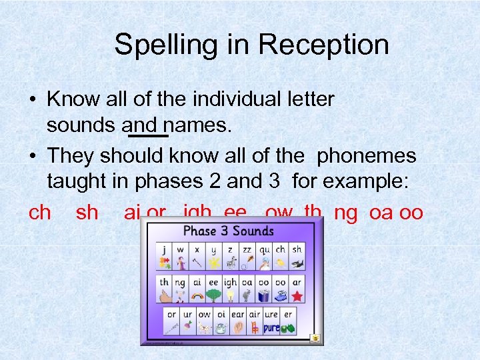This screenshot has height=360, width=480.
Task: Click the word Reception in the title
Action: click(323, 45)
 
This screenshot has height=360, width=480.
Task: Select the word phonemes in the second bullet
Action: click(366, 155)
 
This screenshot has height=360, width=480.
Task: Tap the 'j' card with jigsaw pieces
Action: click(163, 257)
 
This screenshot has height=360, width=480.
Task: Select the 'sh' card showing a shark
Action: click(297, 257)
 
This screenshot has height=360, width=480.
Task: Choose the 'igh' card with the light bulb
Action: click(230, 289)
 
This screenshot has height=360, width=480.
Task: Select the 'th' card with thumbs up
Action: click(164, 289)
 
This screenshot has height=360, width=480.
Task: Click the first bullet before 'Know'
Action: click(32, 101)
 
